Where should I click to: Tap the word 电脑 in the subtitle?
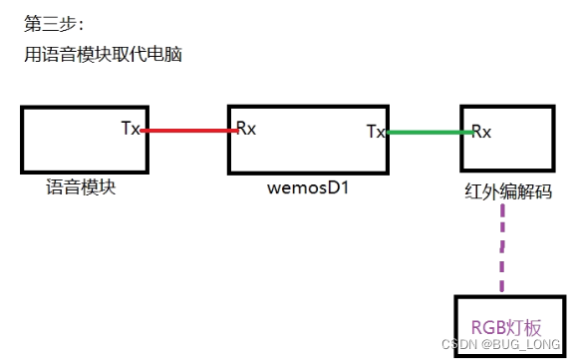click(164, 55)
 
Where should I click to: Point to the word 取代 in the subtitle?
click(129, 55)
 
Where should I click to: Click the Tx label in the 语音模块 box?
click(131, 128)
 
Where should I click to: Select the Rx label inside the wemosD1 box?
click(245, 128)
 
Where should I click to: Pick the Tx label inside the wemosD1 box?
click(376, 131)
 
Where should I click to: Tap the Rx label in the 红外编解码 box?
click(480, 131)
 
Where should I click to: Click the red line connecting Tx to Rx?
click(186, 130)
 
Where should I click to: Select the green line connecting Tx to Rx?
click(428, 132)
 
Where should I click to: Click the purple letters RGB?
click(486, 325)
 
